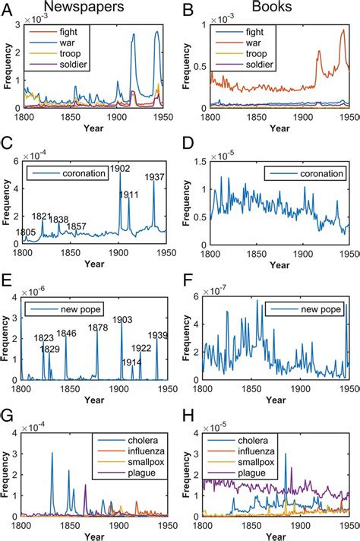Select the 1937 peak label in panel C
point(154,178)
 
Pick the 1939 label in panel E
point(157,335)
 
